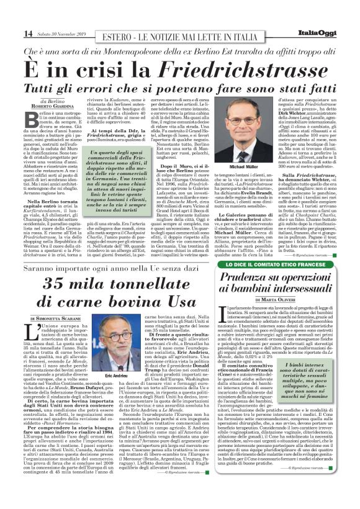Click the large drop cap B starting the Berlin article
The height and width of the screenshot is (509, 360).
29,117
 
